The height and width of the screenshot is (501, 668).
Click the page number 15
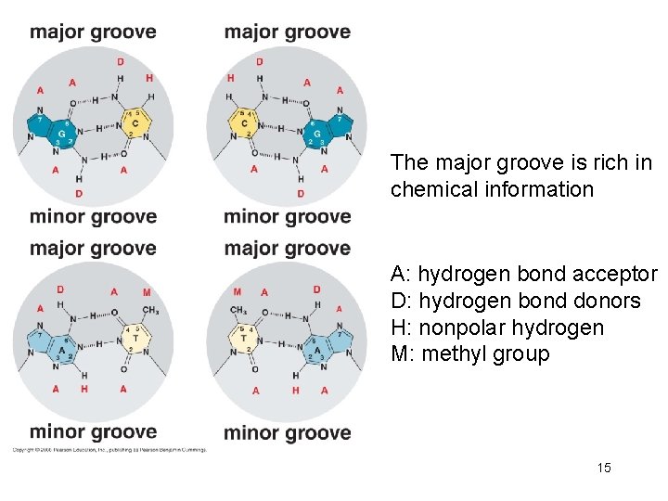point(604,468)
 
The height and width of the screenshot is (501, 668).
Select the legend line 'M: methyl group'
point(469,354)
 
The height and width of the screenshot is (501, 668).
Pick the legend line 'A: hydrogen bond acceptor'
point(523,275)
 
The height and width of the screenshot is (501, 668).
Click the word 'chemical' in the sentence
point(428,190)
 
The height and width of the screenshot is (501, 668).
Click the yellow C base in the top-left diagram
point(135,122)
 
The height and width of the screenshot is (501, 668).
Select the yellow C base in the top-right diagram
point(244,122)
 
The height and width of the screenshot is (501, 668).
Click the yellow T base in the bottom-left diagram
point(135,338)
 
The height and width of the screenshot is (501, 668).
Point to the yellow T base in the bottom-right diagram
point(244,338)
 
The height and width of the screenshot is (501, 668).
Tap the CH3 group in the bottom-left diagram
point(150,311)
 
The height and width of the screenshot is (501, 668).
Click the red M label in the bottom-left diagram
point(147,292)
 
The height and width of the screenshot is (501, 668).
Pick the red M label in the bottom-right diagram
point(238,292)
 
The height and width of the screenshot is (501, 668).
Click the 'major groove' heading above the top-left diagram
point(93,32)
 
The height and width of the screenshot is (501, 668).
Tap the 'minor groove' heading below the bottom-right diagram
point(287,432)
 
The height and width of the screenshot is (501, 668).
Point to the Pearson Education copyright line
point(109,450)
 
